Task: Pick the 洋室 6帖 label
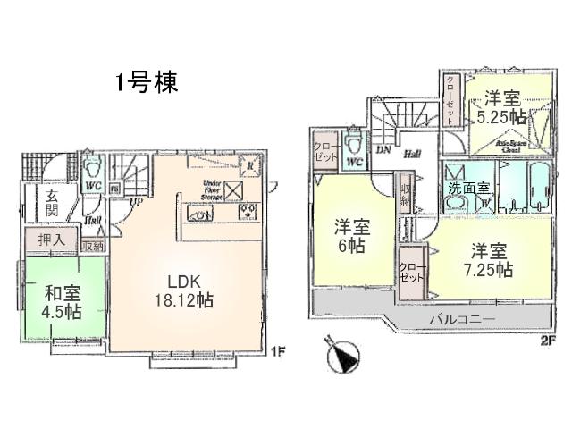[349, 234]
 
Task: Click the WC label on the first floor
[91, 186]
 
